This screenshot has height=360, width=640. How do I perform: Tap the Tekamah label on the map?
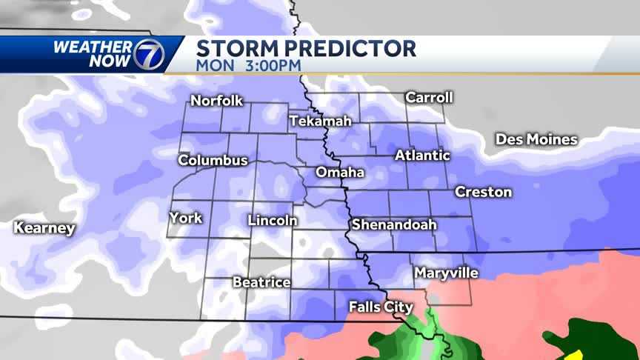click(320, 121)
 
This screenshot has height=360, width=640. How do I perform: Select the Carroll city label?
click(429, 97)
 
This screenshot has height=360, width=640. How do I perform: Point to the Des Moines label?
click(536, 139)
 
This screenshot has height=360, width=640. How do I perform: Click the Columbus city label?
click(213, 160)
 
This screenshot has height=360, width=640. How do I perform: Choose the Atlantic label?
click(422, 156)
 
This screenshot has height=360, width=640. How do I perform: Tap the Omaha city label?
click(340, 173)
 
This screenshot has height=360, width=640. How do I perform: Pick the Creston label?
click(483, 192)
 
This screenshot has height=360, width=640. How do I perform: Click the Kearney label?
click(44, 228)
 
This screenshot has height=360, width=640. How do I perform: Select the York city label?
click(185, 218)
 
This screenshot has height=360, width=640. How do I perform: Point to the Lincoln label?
click(273, 221)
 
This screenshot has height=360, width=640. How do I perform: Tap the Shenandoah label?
click(393, 224)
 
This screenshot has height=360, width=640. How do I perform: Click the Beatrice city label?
click(261, 282)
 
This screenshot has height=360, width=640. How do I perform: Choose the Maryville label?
click(446, 273)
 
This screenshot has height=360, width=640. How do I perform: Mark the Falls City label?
click(381, 307)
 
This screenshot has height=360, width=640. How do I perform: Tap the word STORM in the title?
click(236, 49)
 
